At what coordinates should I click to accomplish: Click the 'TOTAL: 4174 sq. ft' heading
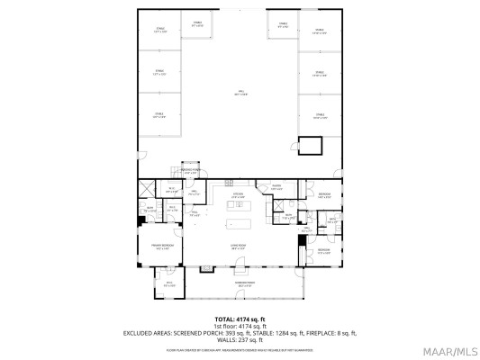click(240, 319)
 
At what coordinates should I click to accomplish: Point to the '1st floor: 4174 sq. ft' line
click(240, 325)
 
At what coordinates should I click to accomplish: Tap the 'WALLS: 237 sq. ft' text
click(240, 338)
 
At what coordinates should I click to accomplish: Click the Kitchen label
click(239, 197)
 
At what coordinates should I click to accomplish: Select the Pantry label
click(277, 188)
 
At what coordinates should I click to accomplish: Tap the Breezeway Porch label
click(190, 171)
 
